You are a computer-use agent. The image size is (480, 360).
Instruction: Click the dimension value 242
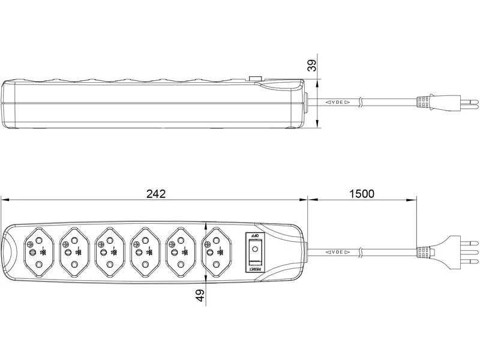pos(155,194)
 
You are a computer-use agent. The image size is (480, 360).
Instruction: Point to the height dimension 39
pos(312,65)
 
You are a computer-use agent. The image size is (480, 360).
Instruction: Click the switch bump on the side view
pos(255,78)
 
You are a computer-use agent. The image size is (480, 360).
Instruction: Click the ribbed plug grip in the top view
pos(424,252)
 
